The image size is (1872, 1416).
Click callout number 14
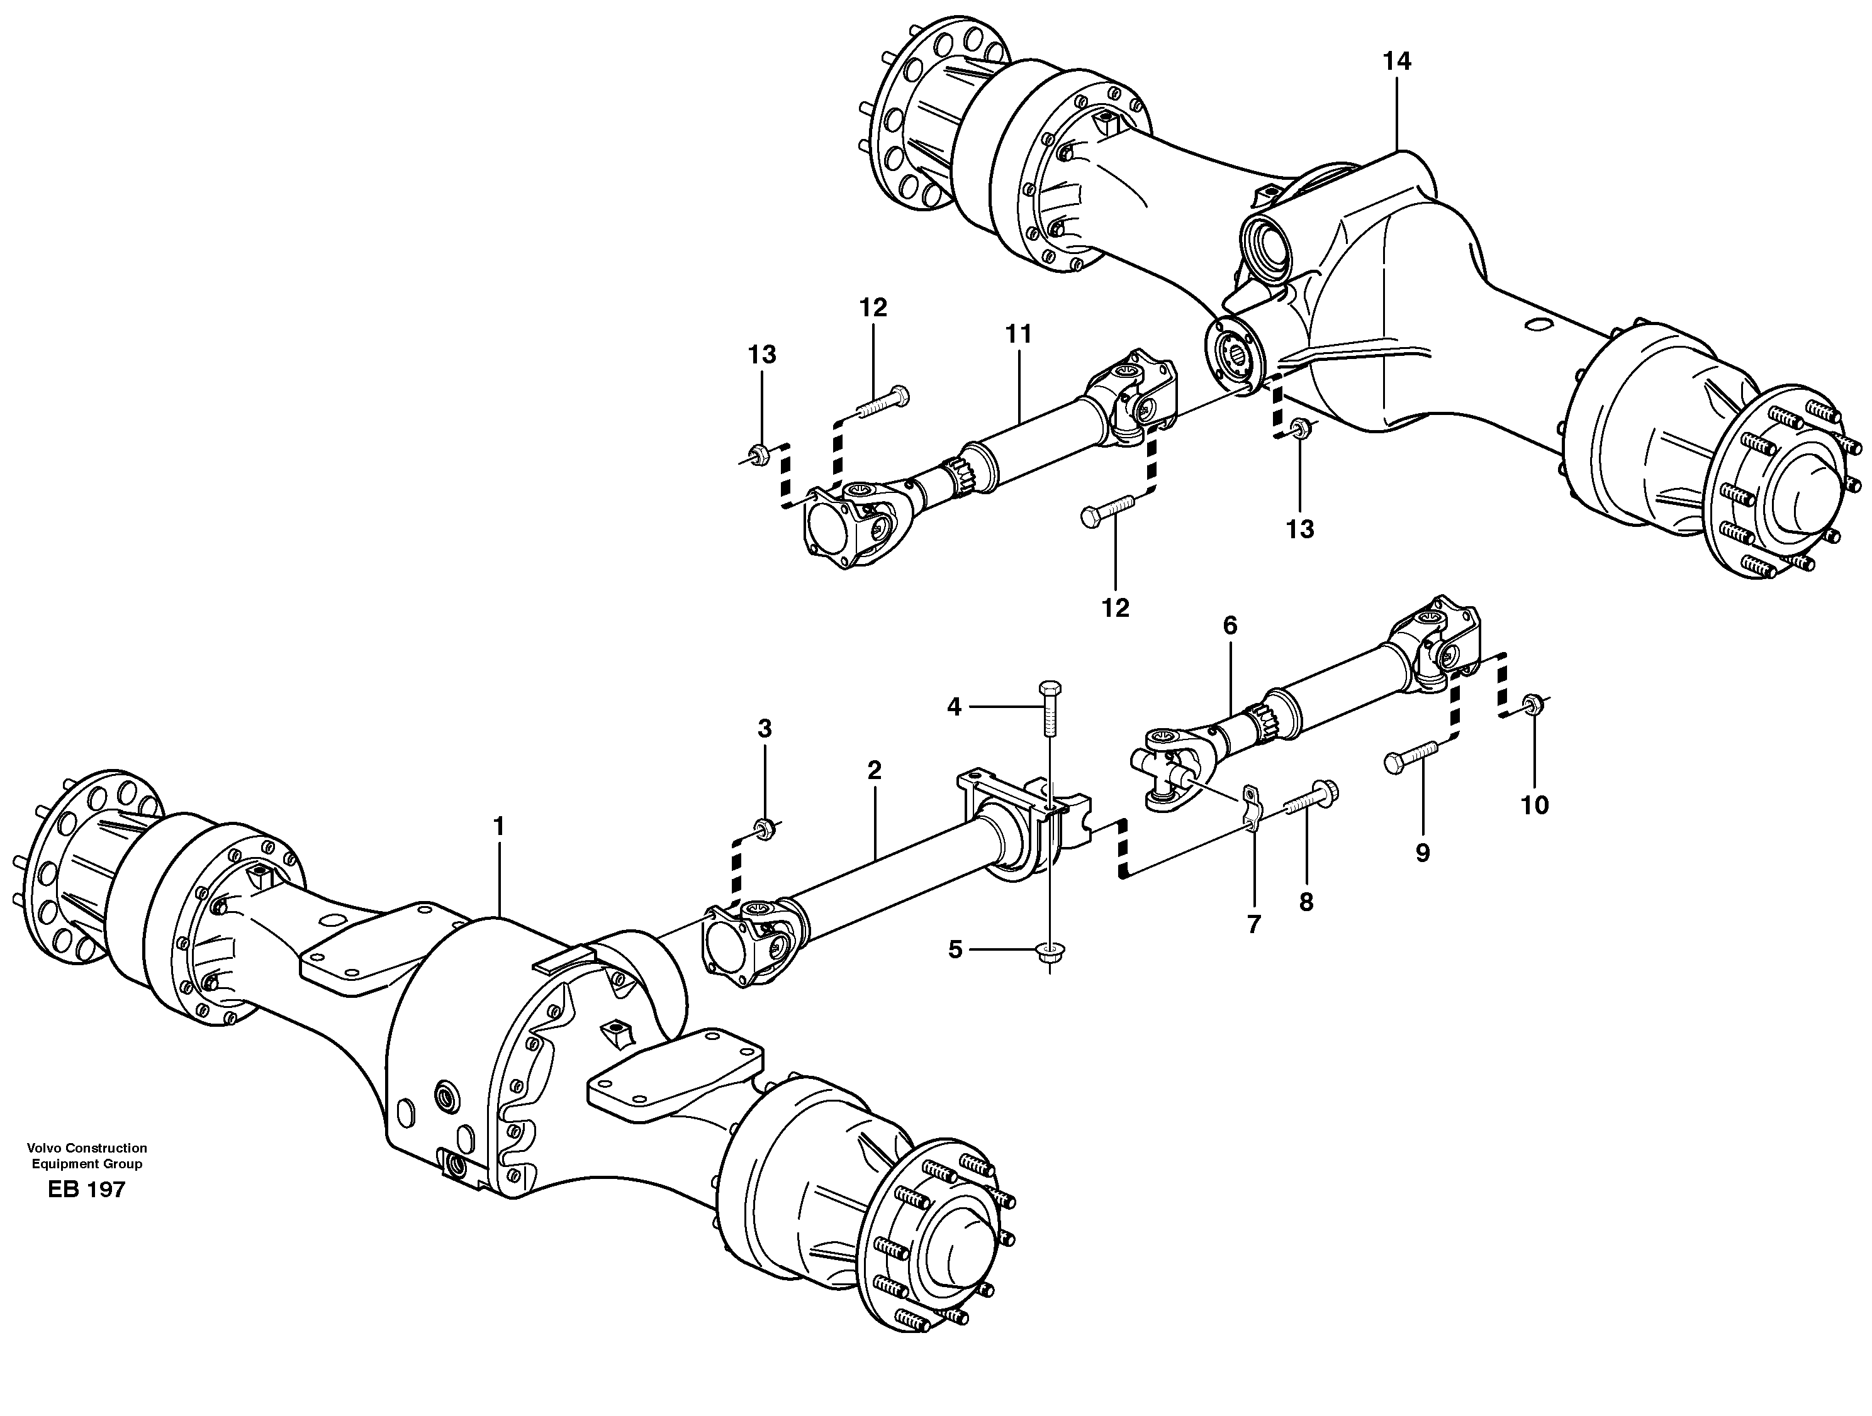(1396, 61)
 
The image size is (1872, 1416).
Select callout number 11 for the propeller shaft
(1018, 335)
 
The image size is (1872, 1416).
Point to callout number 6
(1230, 626)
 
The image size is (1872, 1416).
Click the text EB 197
(86, 1189)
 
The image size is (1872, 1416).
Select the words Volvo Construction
(86, 1148)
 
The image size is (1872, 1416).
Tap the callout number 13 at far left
(761, 355)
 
